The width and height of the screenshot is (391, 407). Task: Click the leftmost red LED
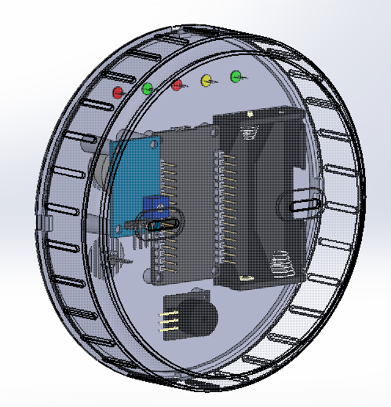coord(119,92)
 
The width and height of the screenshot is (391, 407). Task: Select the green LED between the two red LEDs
coord(147,88)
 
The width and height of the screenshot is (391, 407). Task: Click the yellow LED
coord(206,80)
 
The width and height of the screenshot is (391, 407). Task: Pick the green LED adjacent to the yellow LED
coord(235,76)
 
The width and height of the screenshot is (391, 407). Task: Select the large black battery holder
coord(259,196)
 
